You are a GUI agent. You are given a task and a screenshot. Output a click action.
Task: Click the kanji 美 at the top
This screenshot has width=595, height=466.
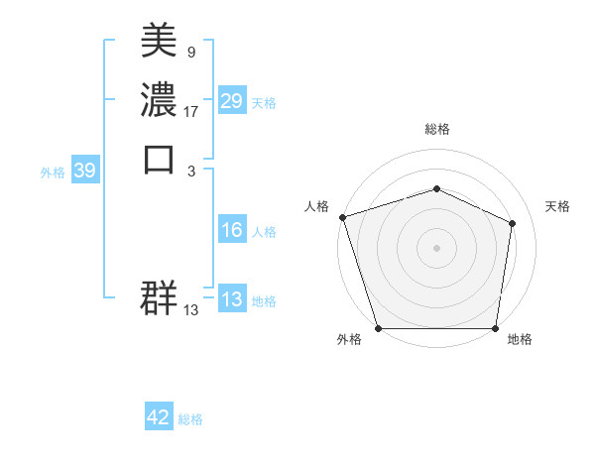(x=160, y=41)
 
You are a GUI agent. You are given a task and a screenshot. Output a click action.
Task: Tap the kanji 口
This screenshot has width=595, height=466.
(x=160, y=159)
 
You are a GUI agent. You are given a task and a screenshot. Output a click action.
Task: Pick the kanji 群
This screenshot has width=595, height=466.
(x=160, y=296)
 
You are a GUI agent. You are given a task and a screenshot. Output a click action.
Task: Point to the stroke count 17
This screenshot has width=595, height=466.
(x=191, y=112)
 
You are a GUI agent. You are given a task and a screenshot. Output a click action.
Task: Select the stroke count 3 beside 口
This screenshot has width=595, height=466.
(x=190, y=172)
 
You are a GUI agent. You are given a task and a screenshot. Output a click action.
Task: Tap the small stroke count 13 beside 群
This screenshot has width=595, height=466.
(x=191, y=310)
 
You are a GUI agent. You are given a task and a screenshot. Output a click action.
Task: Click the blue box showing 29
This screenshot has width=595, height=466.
(x=231, y=102)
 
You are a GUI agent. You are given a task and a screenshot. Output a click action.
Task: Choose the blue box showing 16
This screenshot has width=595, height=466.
(x=231, y=231)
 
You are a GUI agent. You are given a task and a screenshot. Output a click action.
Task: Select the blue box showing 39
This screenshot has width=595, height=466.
(x=84, y=172)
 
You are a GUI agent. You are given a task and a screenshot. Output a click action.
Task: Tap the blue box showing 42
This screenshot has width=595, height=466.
(x=159, y=418)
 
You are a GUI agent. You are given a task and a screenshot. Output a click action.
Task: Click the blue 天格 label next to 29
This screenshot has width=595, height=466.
(x=264, y=103)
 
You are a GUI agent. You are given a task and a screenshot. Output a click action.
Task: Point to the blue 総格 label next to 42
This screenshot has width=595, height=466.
(x=190, y=419)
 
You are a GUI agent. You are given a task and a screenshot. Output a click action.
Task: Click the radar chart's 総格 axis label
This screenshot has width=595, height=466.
(x=436, y=129)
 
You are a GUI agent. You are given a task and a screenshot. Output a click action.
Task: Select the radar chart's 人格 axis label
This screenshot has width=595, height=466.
(x=317, y=206)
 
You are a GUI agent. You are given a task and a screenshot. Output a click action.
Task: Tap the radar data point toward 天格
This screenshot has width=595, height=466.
(x=512, y=223)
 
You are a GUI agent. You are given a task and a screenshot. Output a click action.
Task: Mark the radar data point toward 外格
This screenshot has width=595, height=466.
(x=378, y=328)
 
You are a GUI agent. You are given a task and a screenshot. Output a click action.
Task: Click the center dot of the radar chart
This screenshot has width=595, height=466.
(x=436, y=247)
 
